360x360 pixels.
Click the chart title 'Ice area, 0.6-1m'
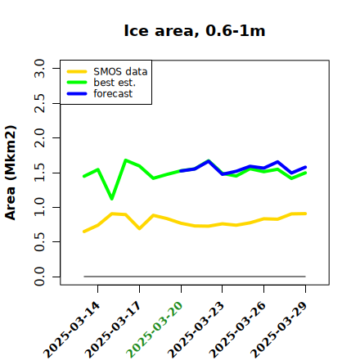pyautogui.click(x=195, y=30)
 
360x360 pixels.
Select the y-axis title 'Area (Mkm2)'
pyautogui.click(x=11, y=173)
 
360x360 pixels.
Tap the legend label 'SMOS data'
pyautogui.click(x=120, y=72)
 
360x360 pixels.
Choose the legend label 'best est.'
pyautogui.click(x=115, y=83)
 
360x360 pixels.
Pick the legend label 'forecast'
pyautogui.click(x=113, y=93)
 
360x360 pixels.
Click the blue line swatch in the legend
pyautogui.click(x=77, y=94)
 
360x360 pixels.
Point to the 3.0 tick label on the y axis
pyautogui.click(x=39, y=68)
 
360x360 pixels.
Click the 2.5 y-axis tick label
pyautogui.click(x=39, y=103)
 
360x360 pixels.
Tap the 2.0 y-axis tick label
pyautogui.click(x=39, y=137)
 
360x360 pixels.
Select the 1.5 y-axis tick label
pyautogui.click(x=39, y=173)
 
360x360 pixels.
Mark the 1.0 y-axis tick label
pyautogui.click(x=39, y=207)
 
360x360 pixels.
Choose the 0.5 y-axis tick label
pyautogui.click(x=39, y=241)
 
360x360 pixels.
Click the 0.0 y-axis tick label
pyautogui.click(x=39, y=277)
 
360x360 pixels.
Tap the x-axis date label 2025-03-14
pyautogui.click(x=72, y=330)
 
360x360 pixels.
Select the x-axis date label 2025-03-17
pyautogui.click(x=114, y=330)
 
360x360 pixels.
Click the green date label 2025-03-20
pyautogui.click(x=155, y=330)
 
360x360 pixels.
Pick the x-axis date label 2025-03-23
pyautogui.click(x=196, y=330)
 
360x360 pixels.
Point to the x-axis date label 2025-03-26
pyautogui.click(x=238, y=330)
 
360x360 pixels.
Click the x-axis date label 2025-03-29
pyautogui.click(x=279, y=330)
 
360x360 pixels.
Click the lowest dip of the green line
pyautogui.click(x=112, y=199)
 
